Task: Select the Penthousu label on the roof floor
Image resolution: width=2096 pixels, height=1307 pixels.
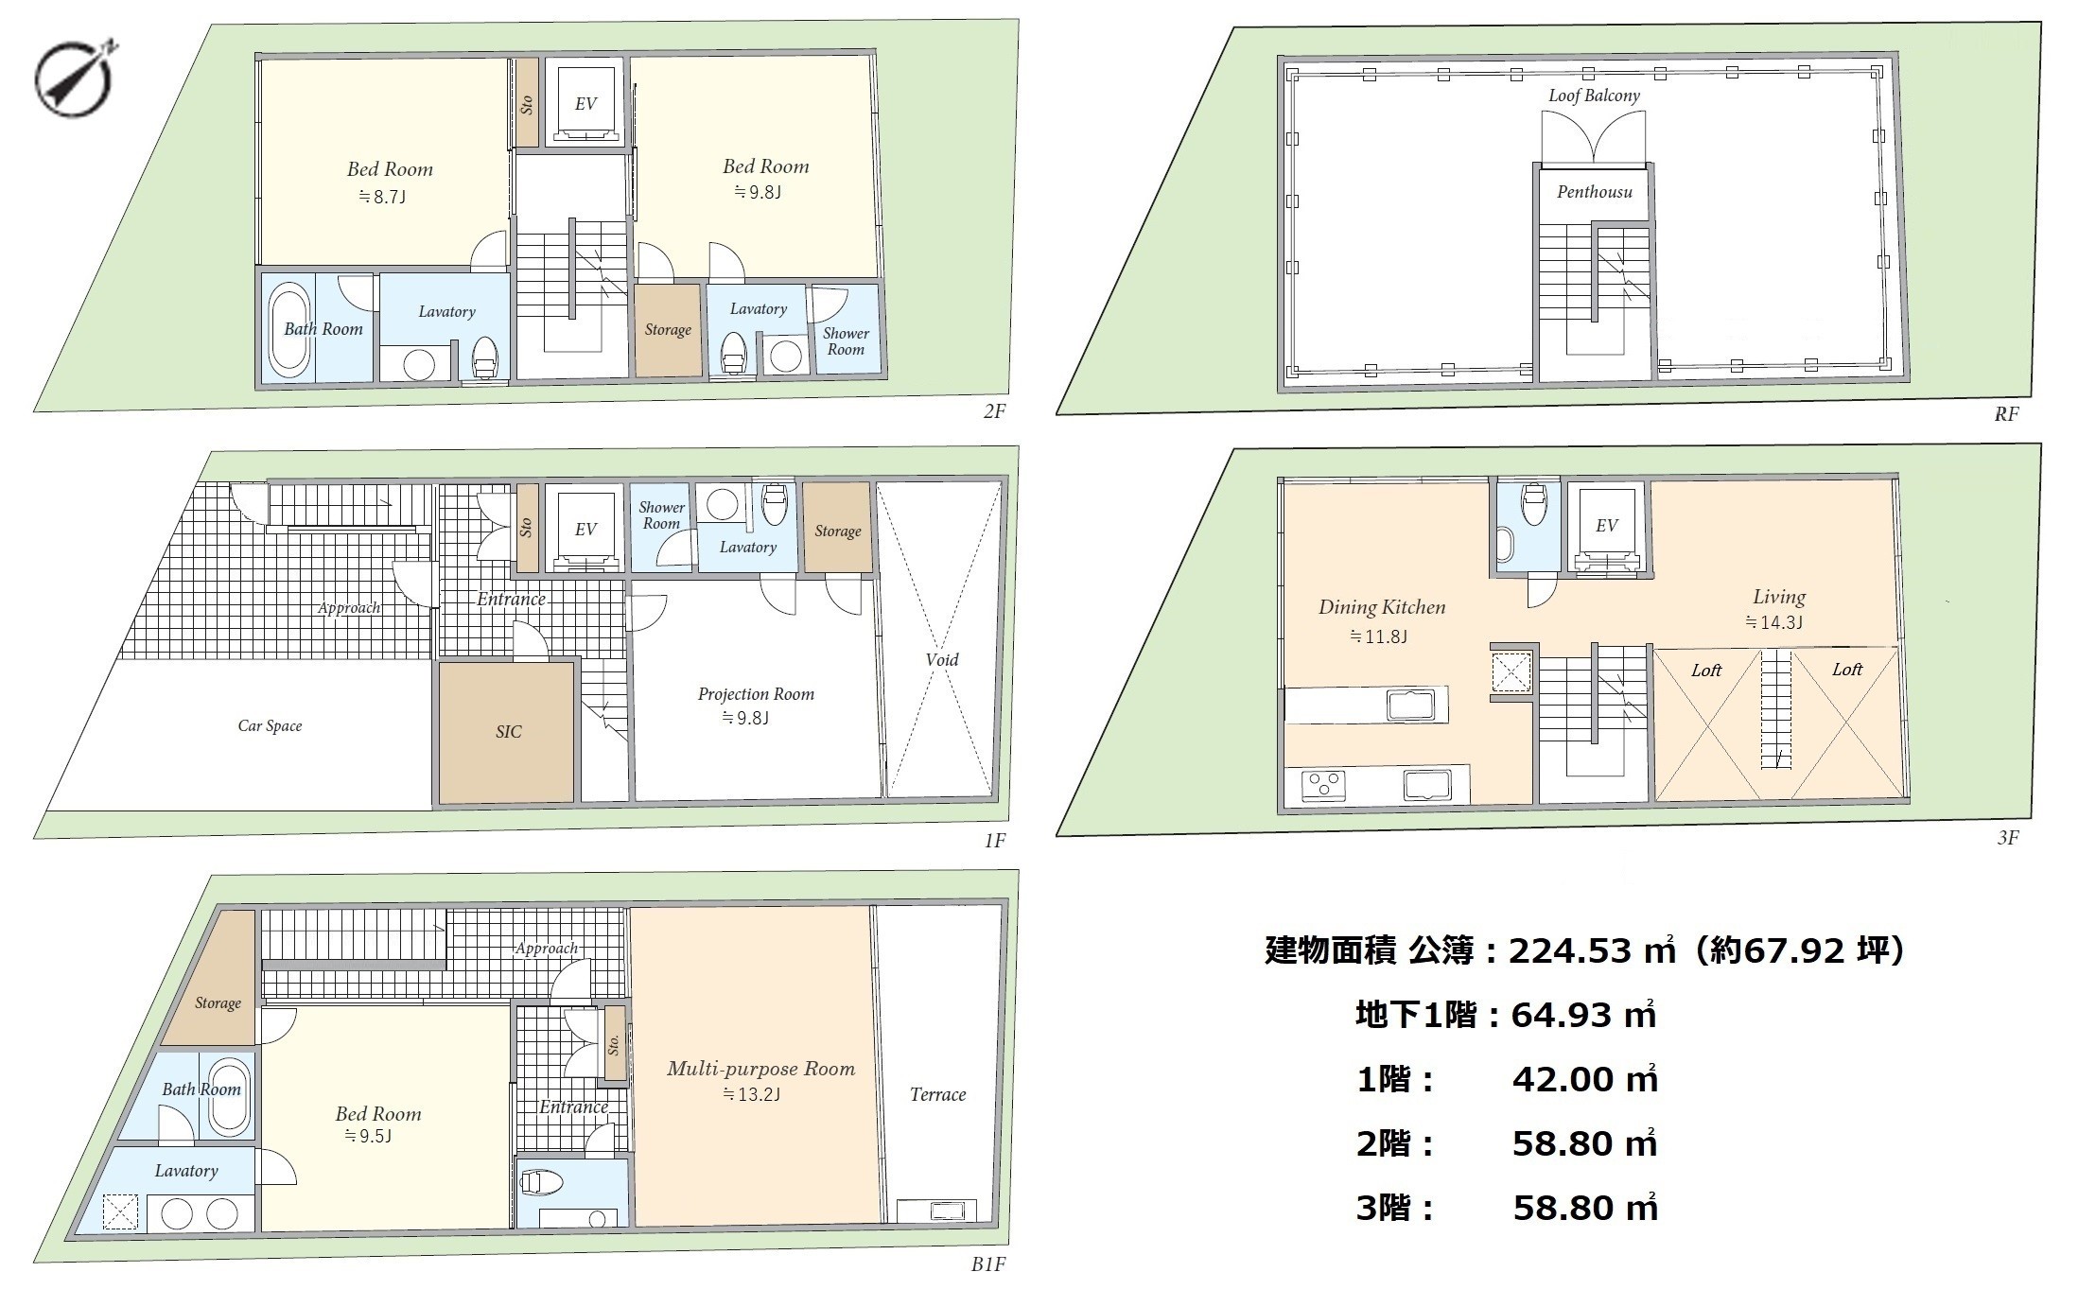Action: tap(1595, 192)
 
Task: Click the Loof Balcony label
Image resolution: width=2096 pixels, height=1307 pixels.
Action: tap(1594, 96)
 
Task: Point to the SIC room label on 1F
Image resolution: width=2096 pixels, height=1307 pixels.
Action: tap(508, 732)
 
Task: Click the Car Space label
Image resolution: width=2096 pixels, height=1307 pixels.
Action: tap(270, 726)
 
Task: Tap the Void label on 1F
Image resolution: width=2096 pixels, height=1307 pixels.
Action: tap(942, 660)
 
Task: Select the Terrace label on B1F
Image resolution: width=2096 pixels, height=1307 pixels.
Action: tap(938, 1095)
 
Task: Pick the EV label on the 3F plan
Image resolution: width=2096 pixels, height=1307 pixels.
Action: tap(1607, 526)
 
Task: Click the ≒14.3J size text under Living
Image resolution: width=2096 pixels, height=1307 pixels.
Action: tap(1773, 622)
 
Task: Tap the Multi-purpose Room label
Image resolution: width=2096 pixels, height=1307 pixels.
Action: tap(760, 1070)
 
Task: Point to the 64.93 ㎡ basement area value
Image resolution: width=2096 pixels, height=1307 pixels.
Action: tap(1583, 1014)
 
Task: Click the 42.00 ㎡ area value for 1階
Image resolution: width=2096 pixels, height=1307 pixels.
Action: tap(1584, 1078)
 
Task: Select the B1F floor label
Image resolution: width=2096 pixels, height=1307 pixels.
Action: tap(988, 1264)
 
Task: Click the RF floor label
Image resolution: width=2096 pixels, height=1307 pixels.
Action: tap(2006, 414)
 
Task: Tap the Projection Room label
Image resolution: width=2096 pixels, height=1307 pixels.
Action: tap(756, 694)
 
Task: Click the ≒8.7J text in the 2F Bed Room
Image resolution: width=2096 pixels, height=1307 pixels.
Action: tap(382, 197)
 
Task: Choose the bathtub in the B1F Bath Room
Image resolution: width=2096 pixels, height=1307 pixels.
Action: tap(229, 1096)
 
